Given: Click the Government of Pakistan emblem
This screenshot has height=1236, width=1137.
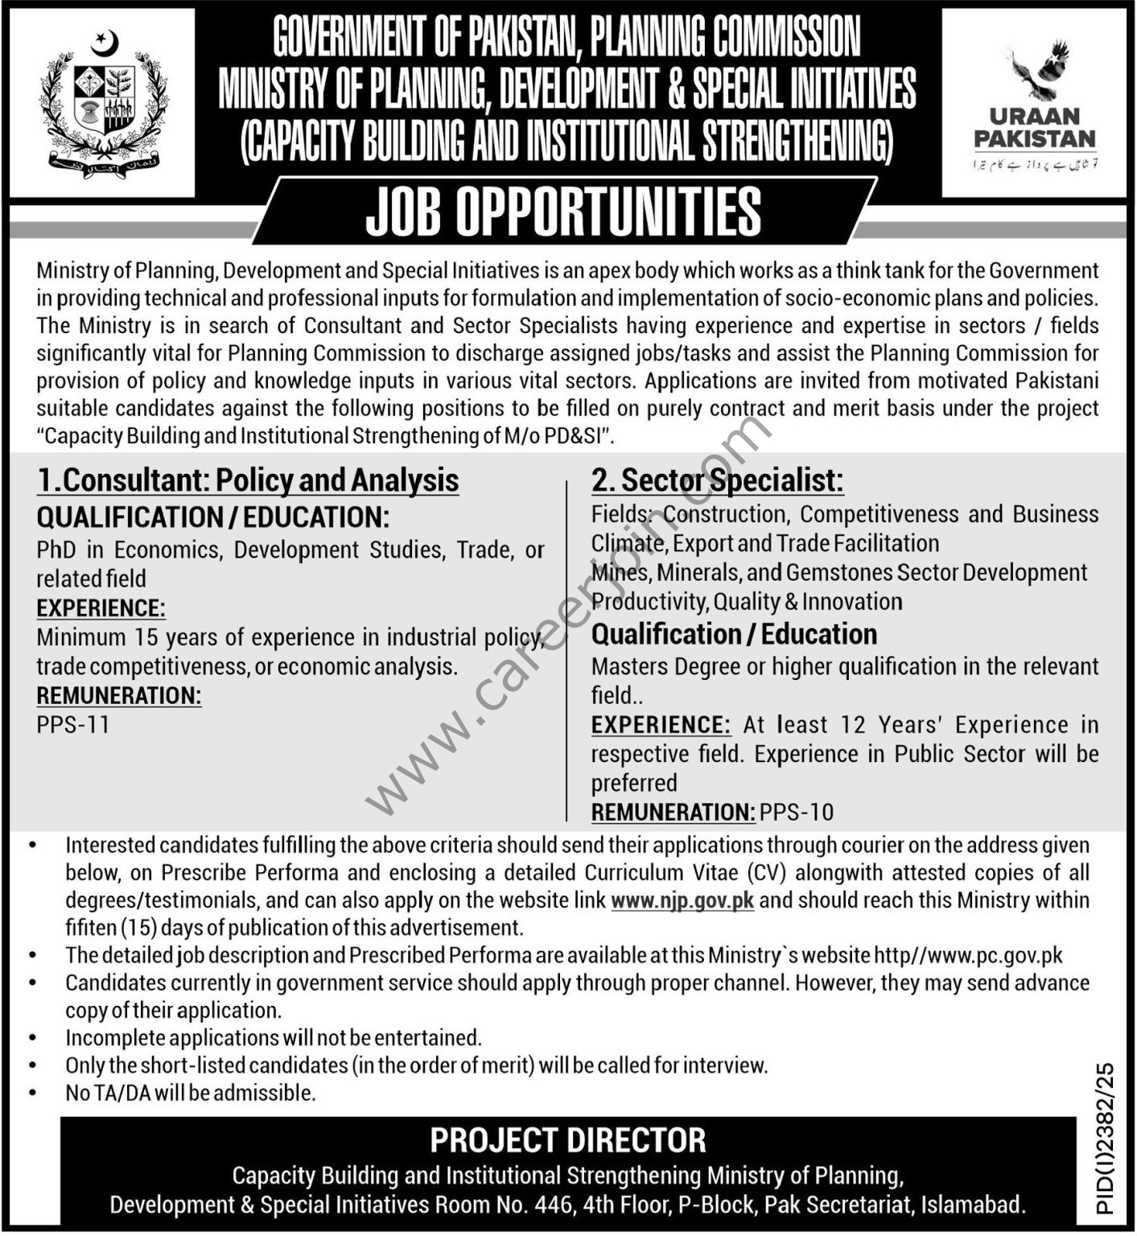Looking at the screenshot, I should (102, 103).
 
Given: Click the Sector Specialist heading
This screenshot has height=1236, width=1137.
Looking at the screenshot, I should (717, 480).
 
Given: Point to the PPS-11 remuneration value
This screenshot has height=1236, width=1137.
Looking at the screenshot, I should (73, 725).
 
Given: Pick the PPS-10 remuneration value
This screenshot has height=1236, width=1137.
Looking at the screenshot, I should (797, 812).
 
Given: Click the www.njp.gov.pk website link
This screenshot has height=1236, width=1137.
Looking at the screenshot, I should (682, 900).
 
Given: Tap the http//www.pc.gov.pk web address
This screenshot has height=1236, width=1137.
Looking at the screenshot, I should (968, 955).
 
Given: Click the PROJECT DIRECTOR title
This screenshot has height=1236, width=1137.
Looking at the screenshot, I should (568, 1140).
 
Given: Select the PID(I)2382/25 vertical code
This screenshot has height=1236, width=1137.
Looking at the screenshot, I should (1106, 1138).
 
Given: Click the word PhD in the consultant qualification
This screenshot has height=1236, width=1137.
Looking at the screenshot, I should (56, 550).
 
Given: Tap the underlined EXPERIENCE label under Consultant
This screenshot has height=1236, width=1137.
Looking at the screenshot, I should (101, 608).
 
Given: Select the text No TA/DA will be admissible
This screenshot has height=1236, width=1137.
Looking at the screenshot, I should (190, 1093).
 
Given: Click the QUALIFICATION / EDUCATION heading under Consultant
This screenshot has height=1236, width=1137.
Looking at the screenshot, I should (212, 517).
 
